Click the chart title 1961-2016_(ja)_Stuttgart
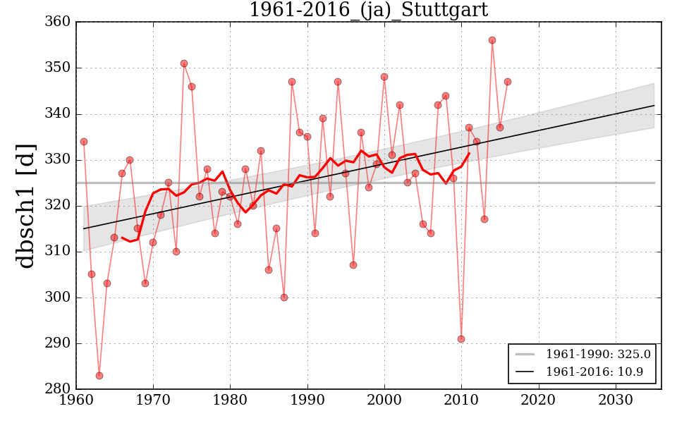(x=368, y=10)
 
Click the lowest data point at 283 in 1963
(x=99, y=376)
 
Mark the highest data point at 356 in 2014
(x=492, y=40)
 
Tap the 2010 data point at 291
(x=461, y=339)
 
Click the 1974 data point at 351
(x=184, y=63)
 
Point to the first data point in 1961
(x=84, y=142)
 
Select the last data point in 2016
(x=508, y=82)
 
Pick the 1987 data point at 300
(x=284, y=298)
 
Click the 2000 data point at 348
(x=384, y=77)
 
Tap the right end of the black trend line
(x=654, y=106)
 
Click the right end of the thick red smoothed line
(x=469, y=153)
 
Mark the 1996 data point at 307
(x=353, y=265)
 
